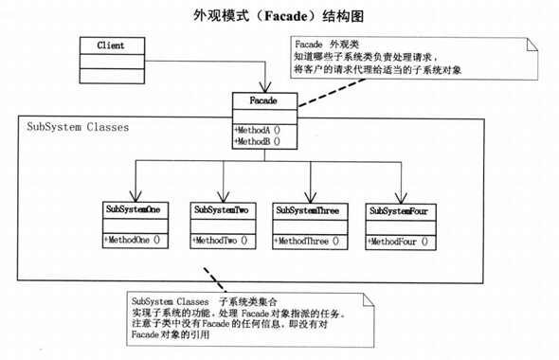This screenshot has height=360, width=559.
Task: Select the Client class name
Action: point(110,45)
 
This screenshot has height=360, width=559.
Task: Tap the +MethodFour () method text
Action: point(398,242)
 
